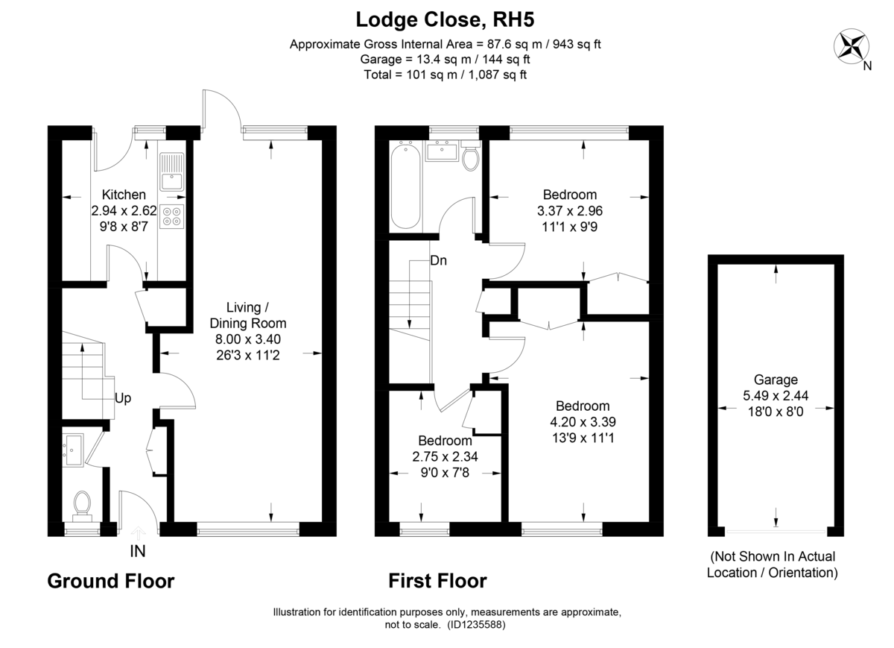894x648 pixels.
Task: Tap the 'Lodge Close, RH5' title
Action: click(446, 19)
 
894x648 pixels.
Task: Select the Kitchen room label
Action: click(124, 195)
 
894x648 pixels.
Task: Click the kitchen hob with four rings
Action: click(172, 215)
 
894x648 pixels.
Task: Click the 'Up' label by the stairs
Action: click(122, 398)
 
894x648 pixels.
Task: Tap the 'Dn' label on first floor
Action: click(438, 261)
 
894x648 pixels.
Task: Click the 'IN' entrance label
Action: click(138, 552)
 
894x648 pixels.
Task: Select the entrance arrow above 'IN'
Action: click(138, 532)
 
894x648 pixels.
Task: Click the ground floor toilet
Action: click(81, 505)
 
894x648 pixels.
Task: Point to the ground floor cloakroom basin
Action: click(74, 450)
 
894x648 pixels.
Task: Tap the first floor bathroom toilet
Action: click(470, 157)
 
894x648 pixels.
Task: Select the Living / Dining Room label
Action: click(247, 315)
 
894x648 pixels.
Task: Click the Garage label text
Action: click(776, 379)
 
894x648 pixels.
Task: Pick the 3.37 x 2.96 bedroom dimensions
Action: click(569, 211)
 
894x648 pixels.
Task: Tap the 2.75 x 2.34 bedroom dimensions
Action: click(445, 456)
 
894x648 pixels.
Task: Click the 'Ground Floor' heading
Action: click(111, 581)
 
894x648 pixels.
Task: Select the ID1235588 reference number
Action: click(477, 626)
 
